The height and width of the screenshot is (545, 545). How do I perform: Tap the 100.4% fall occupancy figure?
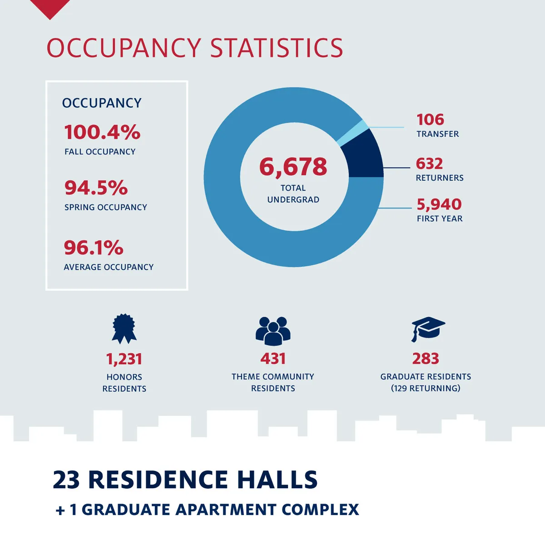pyautogui.click(x=102, y=133)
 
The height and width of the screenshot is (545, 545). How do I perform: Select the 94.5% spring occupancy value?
pyautogui.click(x=96, y=188)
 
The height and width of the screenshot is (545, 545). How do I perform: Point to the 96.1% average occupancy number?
pyautogui.click(x=94, y=248)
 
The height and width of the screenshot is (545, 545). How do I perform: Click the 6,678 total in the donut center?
pyautogui.click(x=293, y=167)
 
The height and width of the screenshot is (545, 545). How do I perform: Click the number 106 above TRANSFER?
pyautogui.click(x=430, y=120)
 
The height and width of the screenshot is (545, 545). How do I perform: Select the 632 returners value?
pyautogui.click(x=429, y=163)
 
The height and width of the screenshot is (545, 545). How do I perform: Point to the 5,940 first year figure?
pyautogui.click(x=439, y=204)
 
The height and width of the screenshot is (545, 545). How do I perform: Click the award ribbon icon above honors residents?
pyautogui.click(x=124, y=328)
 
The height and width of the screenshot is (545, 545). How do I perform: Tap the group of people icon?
pyautogui.click(x=272, y=331)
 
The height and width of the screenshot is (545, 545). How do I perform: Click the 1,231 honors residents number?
pyautogui.click(x=124, y=359)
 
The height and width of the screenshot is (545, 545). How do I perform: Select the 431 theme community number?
pyautogui.click(x=273, y=359)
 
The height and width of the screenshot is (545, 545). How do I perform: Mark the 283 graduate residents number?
pyautogui.click(x=426, y=359)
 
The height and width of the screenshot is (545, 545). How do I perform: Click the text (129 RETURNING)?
pyautogui.click(x=426, y=388)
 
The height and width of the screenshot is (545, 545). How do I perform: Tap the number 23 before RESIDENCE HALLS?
pyautogui.click(x=66, y=480)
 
